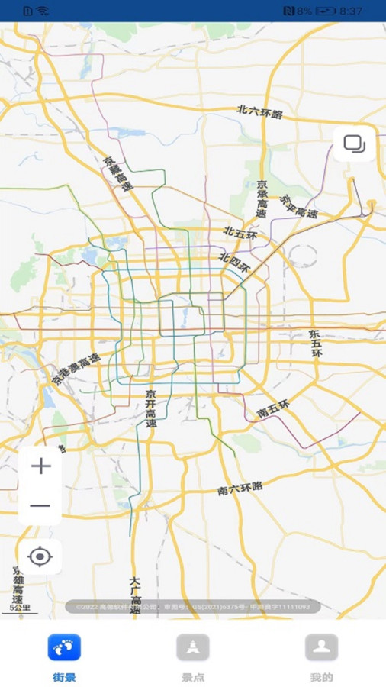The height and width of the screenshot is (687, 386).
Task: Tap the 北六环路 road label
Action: tap(259, 113)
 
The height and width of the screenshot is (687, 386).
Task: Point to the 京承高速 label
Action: tap(262, 198)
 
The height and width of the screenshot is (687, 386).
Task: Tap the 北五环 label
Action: tap(240, 234)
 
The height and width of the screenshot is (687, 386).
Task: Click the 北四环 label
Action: tap(234, 263)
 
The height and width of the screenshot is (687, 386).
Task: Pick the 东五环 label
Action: tap(316, 343)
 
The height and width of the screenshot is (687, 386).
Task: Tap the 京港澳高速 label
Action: tap(76, 369)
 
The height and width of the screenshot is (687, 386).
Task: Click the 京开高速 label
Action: tap(151, 408)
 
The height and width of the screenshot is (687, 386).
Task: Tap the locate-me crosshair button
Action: tap(40, 556)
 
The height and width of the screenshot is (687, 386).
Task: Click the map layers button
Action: tap(354, 144)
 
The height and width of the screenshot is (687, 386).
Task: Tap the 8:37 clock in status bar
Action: tap(351, 11)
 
